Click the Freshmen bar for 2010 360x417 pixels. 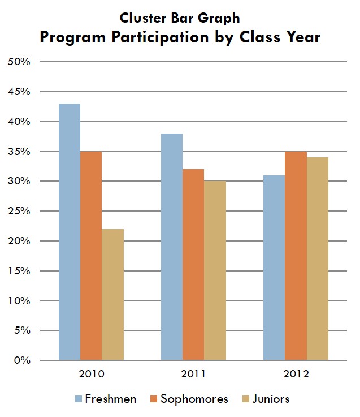point(70,232)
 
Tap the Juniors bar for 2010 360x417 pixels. point(112,294)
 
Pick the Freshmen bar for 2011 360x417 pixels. point(172,247)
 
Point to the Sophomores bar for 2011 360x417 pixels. point(193,265)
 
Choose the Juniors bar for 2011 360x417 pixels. point(215,270)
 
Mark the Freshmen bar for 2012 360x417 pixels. point(274,268)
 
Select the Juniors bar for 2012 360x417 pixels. point(317,259)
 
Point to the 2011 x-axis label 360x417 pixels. point(193,375)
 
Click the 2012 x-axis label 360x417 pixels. point(296,375)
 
